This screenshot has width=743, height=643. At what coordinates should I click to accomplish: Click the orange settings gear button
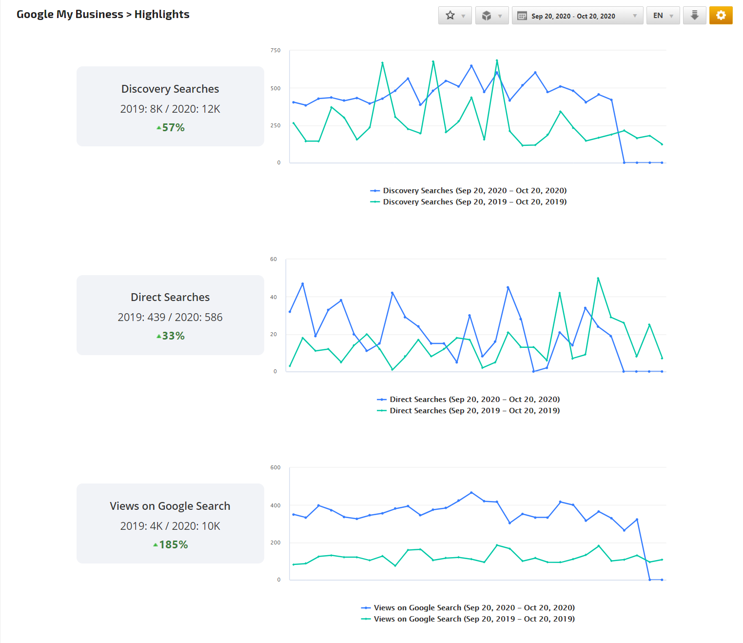click(721, 15)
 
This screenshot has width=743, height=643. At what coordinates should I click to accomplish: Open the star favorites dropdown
click(454, 16)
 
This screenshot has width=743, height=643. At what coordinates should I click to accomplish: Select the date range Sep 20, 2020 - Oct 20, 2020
click(577, 16)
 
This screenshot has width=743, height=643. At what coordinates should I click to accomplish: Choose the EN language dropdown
click(663, 16)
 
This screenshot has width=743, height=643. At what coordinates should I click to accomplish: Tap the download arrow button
click(694, 15)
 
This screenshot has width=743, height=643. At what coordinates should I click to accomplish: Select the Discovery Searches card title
click(170, 89)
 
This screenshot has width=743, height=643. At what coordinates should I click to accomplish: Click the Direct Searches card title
click(170, 297)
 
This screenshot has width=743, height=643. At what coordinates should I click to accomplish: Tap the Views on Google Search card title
click(170, 506)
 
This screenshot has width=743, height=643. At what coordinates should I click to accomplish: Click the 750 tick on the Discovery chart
click(275, 50)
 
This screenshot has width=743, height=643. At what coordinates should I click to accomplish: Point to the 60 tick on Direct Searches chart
click(274, 259)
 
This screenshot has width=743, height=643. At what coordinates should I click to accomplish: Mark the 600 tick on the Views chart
click(275, 467)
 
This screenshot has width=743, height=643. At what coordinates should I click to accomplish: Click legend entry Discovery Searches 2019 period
click(474, 202)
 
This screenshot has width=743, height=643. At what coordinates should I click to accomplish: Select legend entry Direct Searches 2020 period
click(474, 400)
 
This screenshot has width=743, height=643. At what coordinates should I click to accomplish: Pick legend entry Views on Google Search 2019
click(474, 619)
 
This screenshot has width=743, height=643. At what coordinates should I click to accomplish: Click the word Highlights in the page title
click(162, 14)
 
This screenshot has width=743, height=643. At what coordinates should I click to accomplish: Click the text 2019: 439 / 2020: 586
click(170, 317)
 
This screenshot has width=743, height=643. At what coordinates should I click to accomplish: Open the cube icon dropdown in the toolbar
click(491, 16)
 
